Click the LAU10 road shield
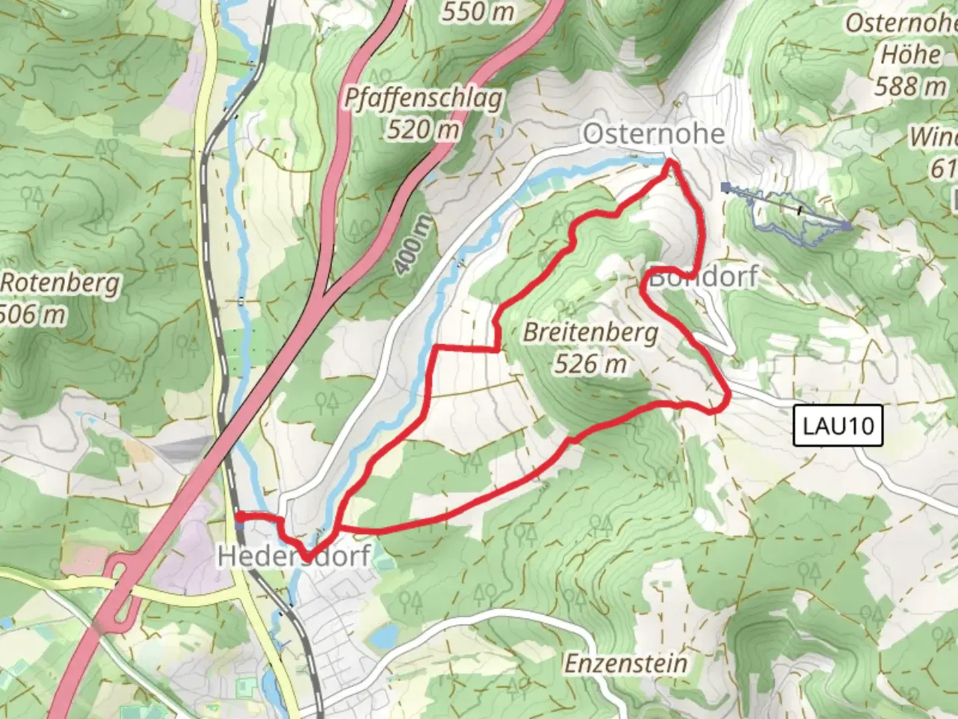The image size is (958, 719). coord(838,425)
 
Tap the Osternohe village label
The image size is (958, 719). coord(653,134)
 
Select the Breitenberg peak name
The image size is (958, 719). coord(590,332)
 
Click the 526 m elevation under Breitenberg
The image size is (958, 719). coord(590,363)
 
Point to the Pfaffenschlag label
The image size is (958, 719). coord(423,99)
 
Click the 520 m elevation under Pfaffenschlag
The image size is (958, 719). coord(423,129)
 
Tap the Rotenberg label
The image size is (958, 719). coord(60,283)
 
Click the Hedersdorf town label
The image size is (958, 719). coord(293,556)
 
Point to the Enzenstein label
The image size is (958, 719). coord(625,663)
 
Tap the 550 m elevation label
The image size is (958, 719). coord(478,11)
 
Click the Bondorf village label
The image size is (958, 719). coord(703,276)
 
